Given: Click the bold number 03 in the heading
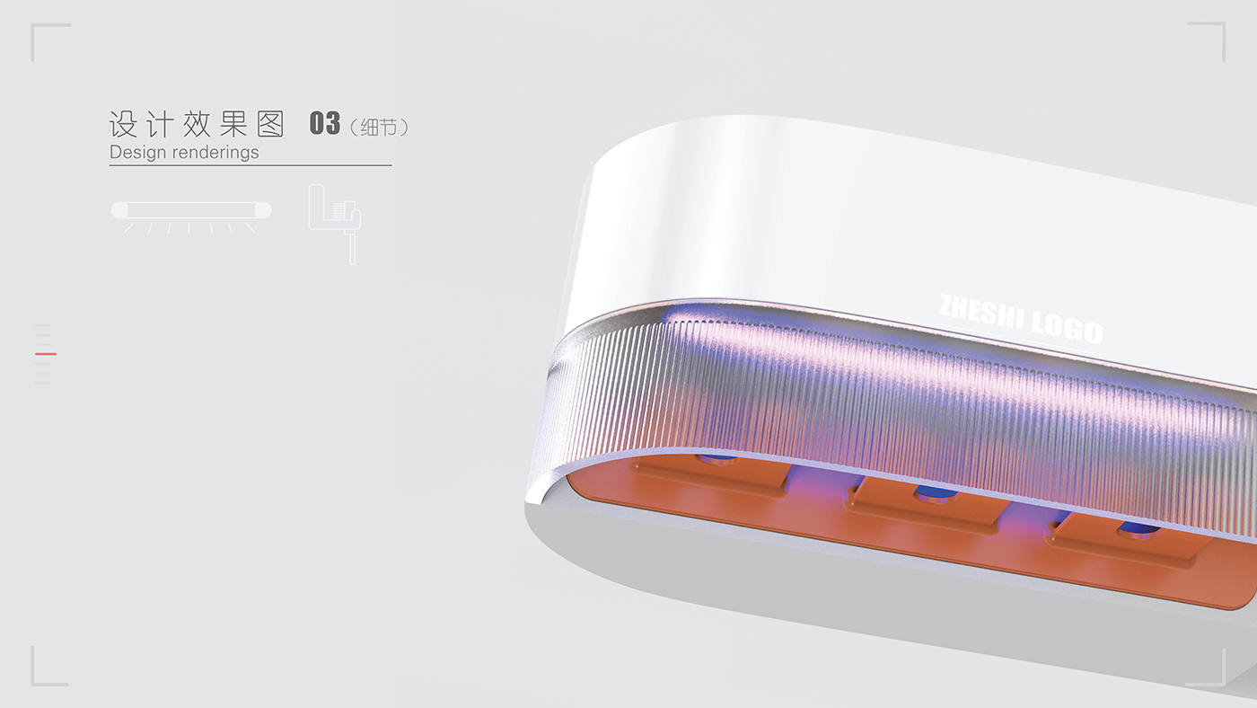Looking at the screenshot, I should (324, 123).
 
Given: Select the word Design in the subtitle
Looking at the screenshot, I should (138, 152).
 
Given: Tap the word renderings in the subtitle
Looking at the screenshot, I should (215, 152).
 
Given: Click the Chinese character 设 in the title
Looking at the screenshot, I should (122, 124).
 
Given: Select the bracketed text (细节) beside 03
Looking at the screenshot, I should (379, 127).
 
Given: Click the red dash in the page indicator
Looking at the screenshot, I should (45, 354).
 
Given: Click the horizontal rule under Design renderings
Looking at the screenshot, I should (251, 165).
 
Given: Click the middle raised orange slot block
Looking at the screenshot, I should (929, 503).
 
